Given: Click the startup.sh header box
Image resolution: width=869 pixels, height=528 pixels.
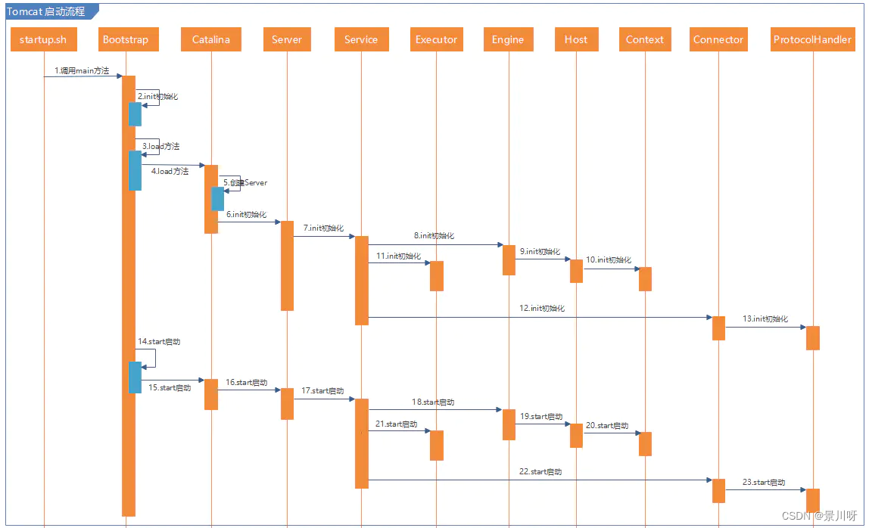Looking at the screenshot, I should [43, 40].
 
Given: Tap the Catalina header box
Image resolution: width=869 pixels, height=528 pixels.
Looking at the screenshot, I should [210, 40].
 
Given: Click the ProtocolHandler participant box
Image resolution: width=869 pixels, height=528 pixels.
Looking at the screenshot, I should [812, 40].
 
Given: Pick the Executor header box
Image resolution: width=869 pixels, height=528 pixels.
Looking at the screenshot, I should [436, 40].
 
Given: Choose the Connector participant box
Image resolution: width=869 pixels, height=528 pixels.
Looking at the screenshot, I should [718, 40].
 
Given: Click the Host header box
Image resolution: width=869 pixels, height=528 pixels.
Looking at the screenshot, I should [575, 40].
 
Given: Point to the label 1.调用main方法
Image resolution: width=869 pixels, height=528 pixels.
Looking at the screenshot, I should [82, 71].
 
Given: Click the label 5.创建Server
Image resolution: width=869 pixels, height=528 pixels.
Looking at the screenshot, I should [245, 183].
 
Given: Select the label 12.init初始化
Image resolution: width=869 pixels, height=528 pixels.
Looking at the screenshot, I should [542, 309].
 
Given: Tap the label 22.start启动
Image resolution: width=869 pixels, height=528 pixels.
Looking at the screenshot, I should [540, 472].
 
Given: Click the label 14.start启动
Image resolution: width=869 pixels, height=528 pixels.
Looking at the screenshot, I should [159, 342].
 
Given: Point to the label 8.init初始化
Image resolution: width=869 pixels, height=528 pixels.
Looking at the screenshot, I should [434, 236].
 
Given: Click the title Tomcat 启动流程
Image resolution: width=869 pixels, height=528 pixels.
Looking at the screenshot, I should [46, 11].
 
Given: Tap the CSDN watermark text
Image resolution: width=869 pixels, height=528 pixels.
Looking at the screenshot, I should [819, 516].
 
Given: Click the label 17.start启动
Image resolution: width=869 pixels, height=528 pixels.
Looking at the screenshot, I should [322, 391].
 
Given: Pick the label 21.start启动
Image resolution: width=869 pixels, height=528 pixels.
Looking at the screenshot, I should [396, 424].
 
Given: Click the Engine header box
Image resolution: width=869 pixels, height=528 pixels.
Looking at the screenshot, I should [507, 40].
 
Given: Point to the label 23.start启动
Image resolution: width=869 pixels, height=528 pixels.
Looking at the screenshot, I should [764, 483].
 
